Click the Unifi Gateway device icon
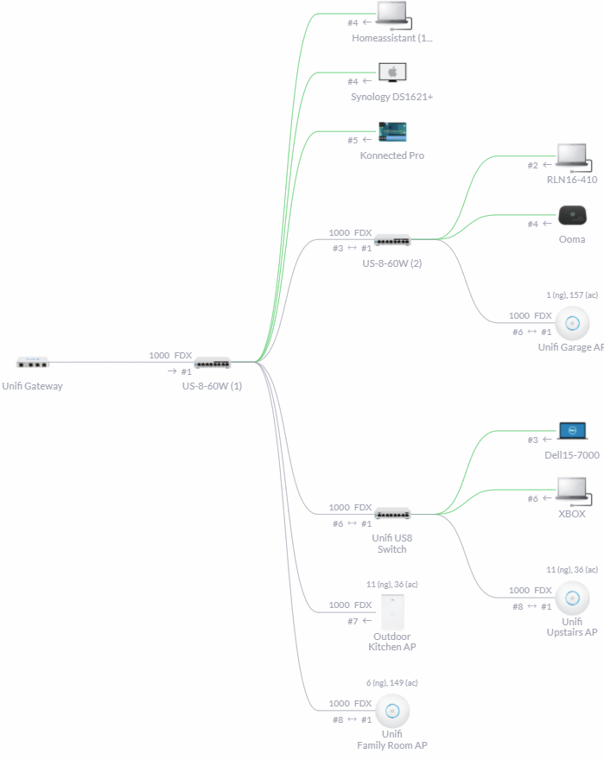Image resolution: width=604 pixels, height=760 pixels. point(33,362)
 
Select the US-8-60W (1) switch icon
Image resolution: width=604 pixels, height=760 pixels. point(213,363)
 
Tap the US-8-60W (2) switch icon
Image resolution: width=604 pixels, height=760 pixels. point(392,240)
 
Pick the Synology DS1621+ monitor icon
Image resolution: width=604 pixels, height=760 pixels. point(392,73)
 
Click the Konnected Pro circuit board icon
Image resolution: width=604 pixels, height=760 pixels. point(392,132)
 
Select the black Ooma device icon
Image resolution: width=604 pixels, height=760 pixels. point(573,215)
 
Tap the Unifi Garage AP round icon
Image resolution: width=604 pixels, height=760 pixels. point(572,325)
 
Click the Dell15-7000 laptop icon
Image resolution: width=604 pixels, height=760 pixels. point(573,431)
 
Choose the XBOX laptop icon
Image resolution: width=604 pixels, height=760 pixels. point(573,490)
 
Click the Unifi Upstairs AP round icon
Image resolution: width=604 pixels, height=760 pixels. point(572,598)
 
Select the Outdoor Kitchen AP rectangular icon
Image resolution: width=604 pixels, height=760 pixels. point(392,612)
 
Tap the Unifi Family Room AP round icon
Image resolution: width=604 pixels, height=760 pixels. point(392,711)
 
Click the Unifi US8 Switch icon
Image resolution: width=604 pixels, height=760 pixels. point(392,514)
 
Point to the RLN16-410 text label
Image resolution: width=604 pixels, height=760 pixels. point(572,180)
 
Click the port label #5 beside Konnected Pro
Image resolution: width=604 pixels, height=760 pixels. point(353,140)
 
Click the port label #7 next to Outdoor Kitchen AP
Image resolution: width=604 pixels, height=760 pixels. point(353,621)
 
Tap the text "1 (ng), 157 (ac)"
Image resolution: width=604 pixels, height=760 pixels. point(572,295)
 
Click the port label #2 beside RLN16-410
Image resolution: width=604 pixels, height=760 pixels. point(533,165)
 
